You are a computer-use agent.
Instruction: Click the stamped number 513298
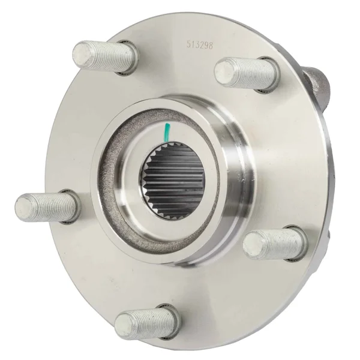[x=200, y=45]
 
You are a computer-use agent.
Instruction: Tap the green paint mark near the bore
[x=167, y=132]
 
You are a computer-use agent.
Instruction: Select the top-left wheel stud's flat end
[x=82, y=55]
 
